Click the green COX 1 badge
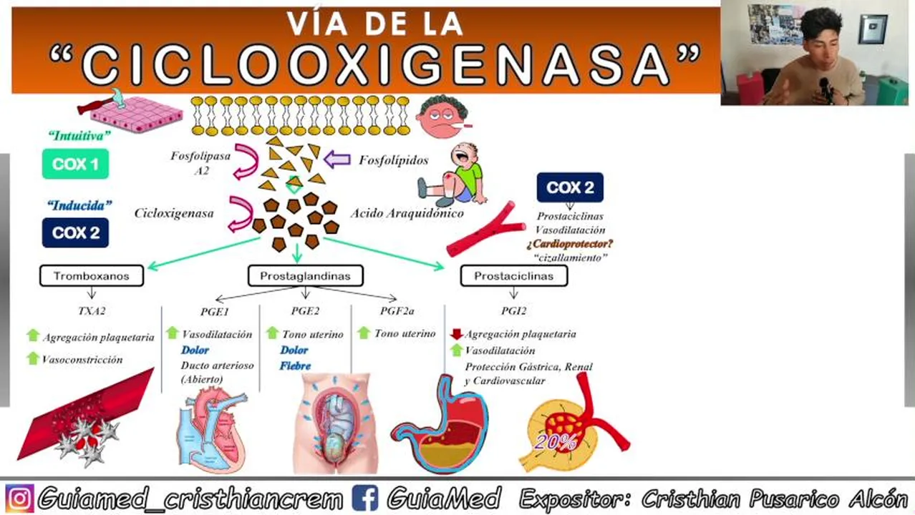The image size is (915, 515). coord(75,164)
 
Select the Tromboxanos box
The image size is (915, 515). coord(91,276)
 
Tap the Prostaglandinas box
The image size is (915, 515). coord(305,276)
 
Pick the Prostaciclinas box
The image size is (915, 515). coord(513,276)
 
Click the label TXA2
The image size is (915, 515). coord(91,311)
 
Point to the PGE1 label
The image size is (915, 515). coord(214,311)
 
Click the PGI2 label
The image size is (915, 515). coord(513,311)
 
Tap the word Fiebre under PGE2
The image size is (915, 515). coord(295,366)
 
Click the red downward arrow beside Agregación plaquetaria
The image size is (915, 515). coord(456,334)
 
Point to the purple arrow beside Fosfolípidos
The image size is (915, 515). coord(337,160)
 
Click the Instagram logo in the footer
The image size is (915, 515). coord(19,498)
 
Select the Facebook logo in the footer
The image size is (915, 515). coord(365,498)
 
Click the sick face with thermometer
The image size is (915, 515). coord(442,117)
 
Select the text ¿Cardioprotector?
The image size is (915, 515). coord(570,244)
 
